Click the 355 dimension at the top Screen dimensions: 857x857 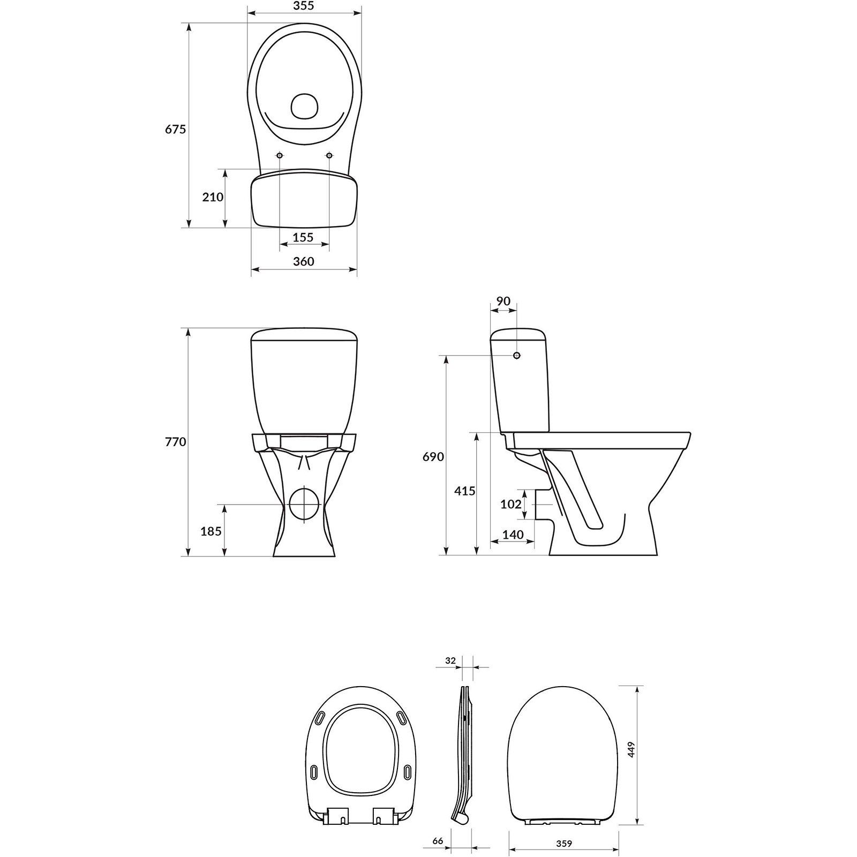[303, 6]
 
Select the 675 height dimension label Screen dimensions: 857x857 [175, 129]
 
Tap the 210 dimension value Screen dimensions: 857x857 [213, 197]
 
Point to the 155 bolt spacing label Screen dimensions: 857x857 [303, 237]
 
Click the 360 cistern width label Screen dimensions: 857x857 [304, 261]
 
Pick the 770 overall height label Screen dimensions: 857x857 [175, 442]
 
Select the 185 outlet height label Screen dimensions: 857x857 [211, 531]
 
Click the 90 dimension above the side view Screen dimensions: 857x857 [503, 302]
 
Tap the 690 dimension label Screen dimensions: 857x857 [433, 456]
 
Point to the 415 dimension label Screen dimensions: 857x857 [464, 491]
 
